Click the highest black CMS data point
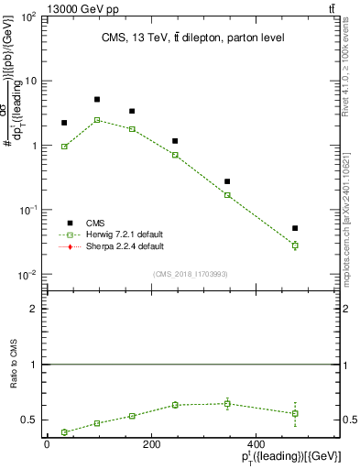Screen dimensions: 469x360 coord(97,99)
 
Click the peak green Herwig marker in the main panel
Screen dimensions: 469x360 coord(97,120)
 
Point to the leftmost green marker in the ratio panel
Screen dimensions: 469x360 coord(64,432)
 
